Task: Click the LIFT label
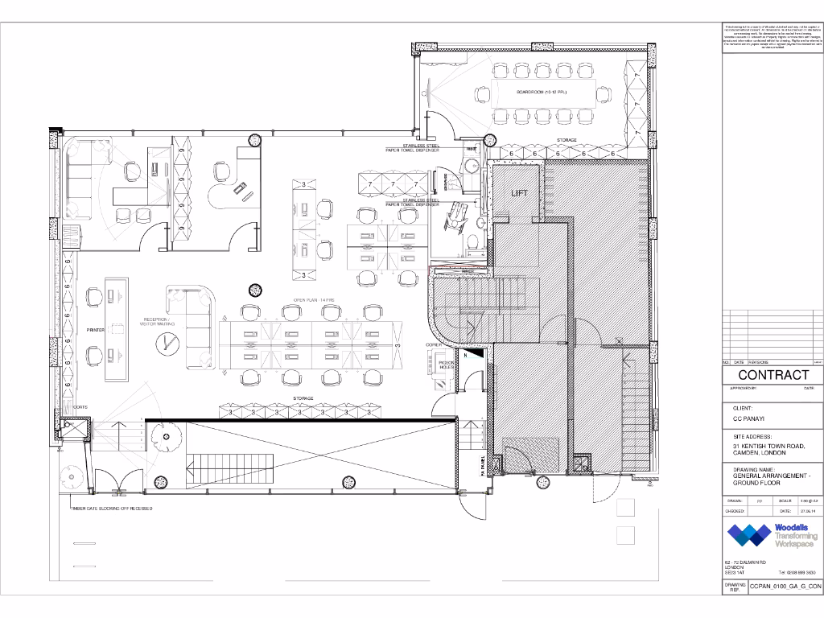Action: (519, 193)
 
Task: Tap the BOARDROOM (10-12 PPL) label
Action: (542, 93)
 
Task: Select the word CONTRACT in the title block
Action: (773, 375)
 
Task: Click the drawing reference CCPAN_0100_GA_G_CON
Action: (785, 587)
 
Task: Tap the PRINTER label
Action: (96, 330)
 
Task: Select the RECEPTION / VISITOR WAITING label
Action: (155, 322)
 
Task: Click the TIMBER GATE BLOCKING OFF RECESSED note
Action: (112, 509)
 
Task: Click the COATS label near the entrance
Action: (80, 407)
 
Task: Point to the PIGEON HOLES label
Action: (447, 366)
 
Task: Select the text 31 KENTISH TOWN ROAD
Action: (768, 446)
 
